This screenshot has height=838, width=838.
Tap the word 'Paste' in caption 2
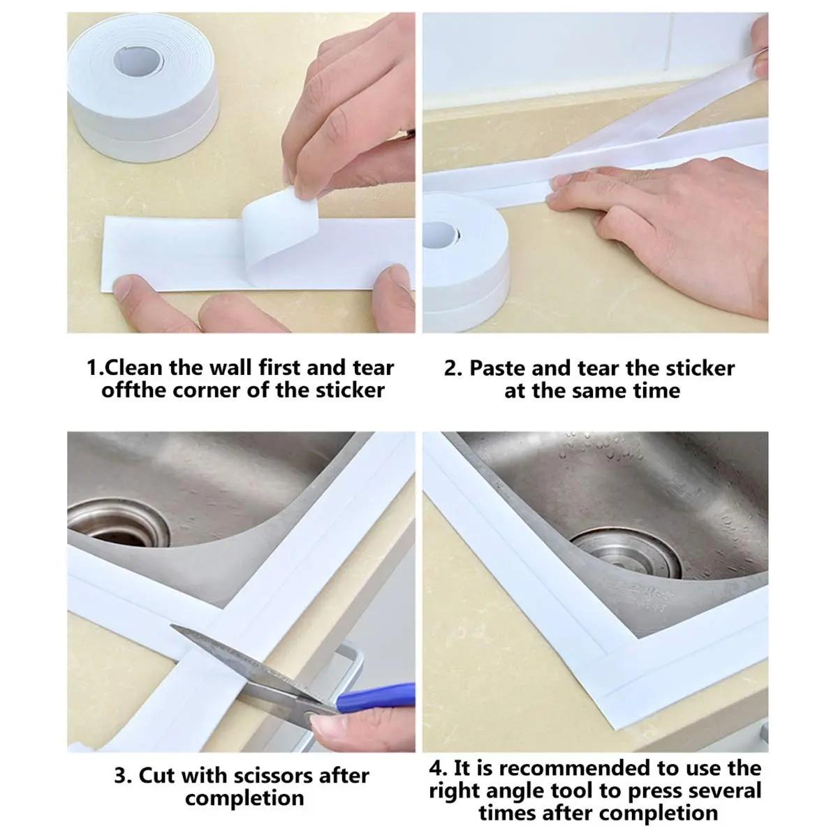pos(498,368)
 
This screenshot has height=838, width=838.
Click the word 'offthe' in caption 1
pos(133,390)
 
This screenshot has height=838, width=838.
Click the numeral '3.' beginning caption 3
pos(123,775)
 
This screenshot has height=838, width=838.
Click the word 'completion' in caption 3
pos(244,797)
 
